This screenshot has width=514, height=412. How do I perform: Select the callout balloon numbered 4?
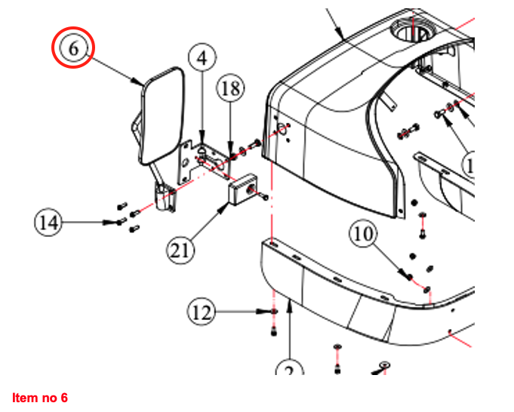click(x=202, y=57)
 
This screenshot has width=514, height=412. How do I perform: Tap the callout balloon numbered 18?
click(x=231, y=89)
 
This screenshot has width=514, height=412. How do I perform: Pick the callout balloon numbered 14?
click(x=48, y=222)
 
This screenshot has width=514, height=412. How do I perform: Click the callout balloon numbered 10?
click(x=363, y=235)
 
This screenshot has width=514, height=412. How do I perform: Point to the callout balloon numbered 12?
click(x=202, y=310)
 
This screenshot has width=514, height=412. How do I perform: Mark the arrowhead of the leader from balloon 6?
click(x=141, y=83)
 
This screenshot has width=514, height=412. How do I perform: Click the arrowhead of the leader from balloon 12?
click(x=268, y=311)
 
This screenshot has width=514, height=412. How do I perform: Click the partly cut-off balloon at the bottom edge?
click(x=288, y=370)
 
